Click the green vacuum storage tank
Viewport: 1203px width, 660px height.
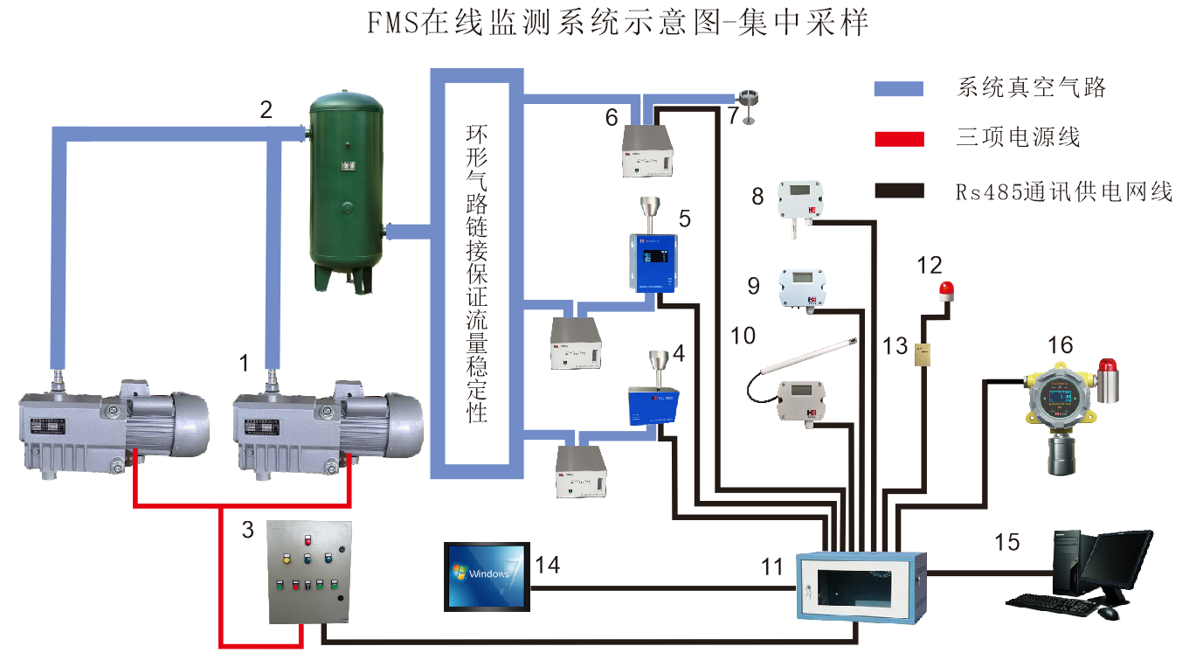pyautogui.click(x=347, y=188)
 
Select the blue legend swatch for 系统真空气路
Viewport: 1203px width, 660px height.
pyautogui.click(x=898, y=88)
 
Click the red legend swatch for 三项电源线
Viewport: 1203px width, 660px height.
pyautogui.click(x=898, y=138)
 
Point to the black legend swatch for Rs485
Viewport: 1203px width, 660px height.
pyautogui.click(x=898, y=190)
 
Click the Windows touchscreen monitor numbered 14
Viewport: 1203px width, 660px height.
pyautogui.click(x=486, y=574)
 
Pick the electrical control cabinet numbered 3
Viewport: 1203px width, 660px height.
pyautogui.click(x=310, y=572)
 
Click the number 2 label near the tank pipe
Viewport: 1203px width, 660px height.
pyautogui.click(x=266, y=111)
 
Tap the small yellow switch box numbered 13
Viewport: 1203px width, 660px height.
pyautogui.click(x=923, y=354)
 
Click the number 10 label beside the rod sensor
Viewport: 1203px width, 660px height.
pyautogui.click(x=742, y=335)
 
